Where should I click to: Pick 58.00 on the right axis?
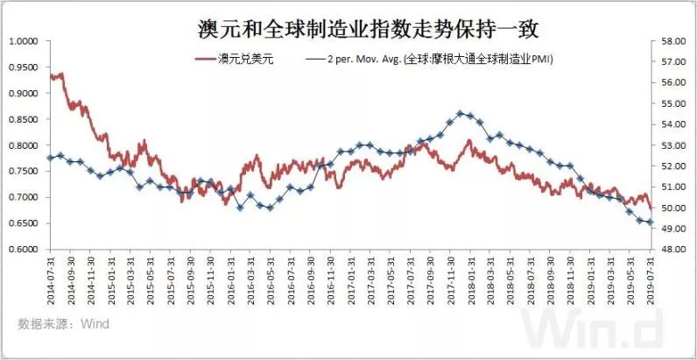pyautogui.click(x=672, y=41)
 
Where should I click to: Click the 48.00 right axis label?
pyautogui.click(x=672, y=250)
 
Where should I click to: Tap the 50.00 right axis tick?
pyautogui.click(x=672, y=208)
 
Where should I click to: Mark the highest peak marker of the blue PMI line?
pyautogui.click(x=461, y=113)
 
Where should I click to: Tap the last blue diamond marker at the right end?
pyautogui.click(x=649, y=222)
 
